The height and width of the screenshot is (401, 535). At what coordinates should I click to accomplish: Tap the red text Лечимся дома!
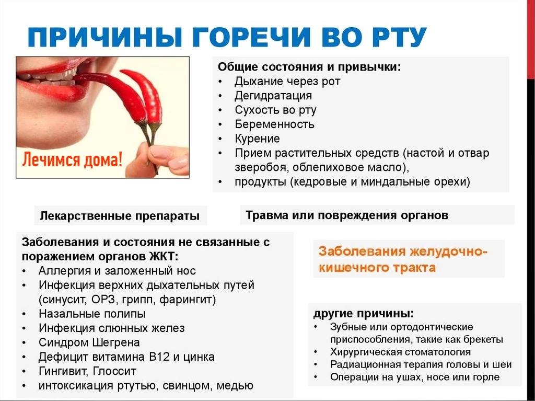[72, 159]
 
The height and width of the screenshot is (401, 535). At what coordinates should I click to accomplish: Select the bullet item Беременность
[274, 124]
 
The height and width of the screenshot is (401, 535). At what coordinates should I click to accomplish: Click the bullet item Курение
[257, 139]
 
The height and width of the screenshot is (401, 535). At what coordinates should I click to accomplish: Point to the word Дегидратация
[273, 95]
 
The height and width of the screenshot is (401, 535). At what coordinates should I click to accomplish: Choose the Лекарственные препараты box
[121, 215]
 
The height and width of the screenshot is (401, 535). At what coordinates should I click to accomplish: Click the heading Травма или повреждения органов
[347, 215]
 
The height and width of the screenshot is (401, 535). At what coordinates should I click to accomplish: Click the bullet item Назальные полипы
[92, 314]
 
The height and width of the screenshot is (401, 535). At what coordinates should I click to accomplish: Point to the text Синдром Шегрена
[89, 342]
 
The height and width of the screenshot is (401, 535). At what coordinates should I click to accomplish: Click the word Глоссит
[114, 371]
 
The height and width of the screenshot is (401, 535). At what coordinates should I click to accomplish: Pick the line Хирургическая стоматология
[401, 352]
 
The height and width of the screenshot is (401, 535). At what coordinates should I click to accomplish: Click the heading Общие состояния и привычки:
[309, 66]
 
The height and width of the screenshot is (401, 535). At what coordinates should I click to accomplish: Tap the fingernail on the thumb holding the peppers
[161, 152]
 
